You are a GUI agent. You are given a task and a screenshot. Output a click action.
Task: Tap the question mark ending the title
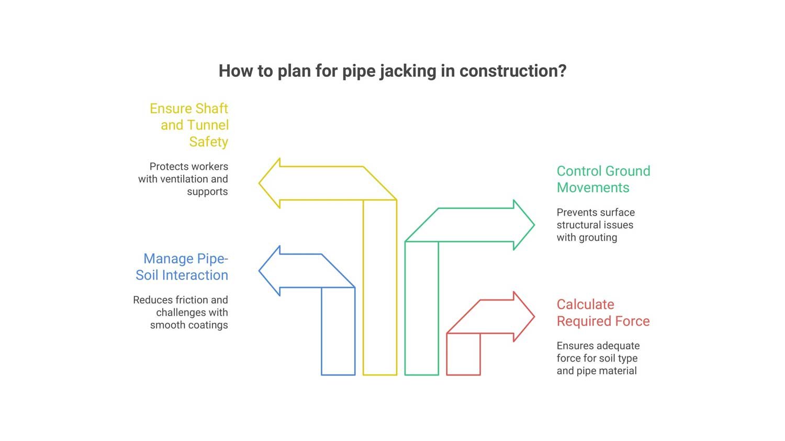click(562, 71)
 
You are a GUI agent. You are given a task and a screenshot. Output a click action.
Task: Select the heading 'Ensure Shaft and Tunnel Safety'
click(189, 125)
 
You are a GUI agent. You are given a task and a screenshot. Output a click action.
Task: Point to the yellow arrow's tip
click(260, 183)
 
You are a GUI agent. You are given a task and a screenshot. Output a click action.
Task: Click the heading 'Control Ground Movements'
click(603, 179)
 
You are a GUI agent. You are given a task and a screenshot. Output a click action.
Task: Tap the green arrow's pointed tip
click(534, 225)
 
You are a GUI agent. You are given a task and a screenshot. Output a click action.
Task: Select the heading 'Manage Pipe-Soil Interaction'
click(182, 266)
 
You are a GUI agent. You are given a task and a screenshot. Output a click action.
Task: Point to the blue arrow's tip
click(260, 271)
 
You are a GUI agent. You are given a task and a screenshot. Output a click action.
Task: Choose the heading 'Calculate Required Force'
click(603, 312)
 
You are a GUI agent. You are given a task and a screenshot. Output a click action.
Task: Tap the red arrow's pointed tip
click(534, 317)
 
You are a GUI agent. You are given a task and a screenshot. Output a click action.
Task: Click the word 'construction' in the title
click(509, 71)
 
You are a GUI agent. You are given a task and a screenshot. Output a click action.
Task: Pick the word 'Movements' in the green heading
click(593, 188)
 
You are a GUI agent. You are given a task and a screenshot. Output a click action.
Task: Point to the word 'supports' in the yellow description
click(207, 192)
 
